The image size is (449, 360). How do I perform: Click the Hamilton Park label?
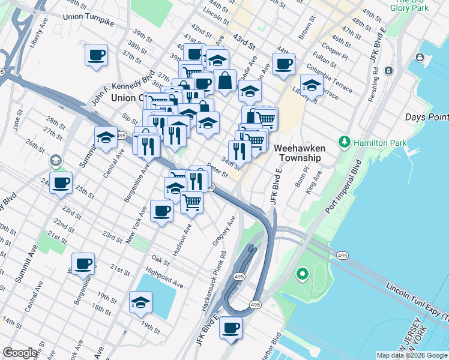(380, 143)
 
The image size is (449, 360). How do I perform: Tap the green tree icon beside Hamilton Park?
(345, 143)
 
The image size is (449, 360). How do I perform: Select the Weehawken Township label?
(297, 152)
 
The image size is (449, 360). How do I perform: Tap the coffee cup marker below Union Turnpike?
(96, 56)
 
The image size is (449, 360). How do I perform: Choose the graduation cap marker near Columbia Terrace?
(312, 86)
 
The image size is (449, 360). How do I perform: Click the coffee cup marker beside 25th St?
(61, 182)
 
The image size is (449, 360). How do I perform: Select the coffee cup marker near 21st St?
(83, 263)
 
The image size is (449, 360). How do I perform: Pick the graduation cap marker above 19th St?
(140, 301)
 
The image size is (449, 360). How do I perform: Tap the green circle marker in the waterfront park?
(303, 275)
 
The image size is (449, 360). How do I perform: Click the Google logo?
(20, 353)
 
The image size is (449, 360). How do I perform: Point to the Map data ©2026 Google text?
(411, 355)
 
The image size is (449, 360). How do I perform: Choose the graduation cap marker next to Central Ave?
(106, 137)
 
